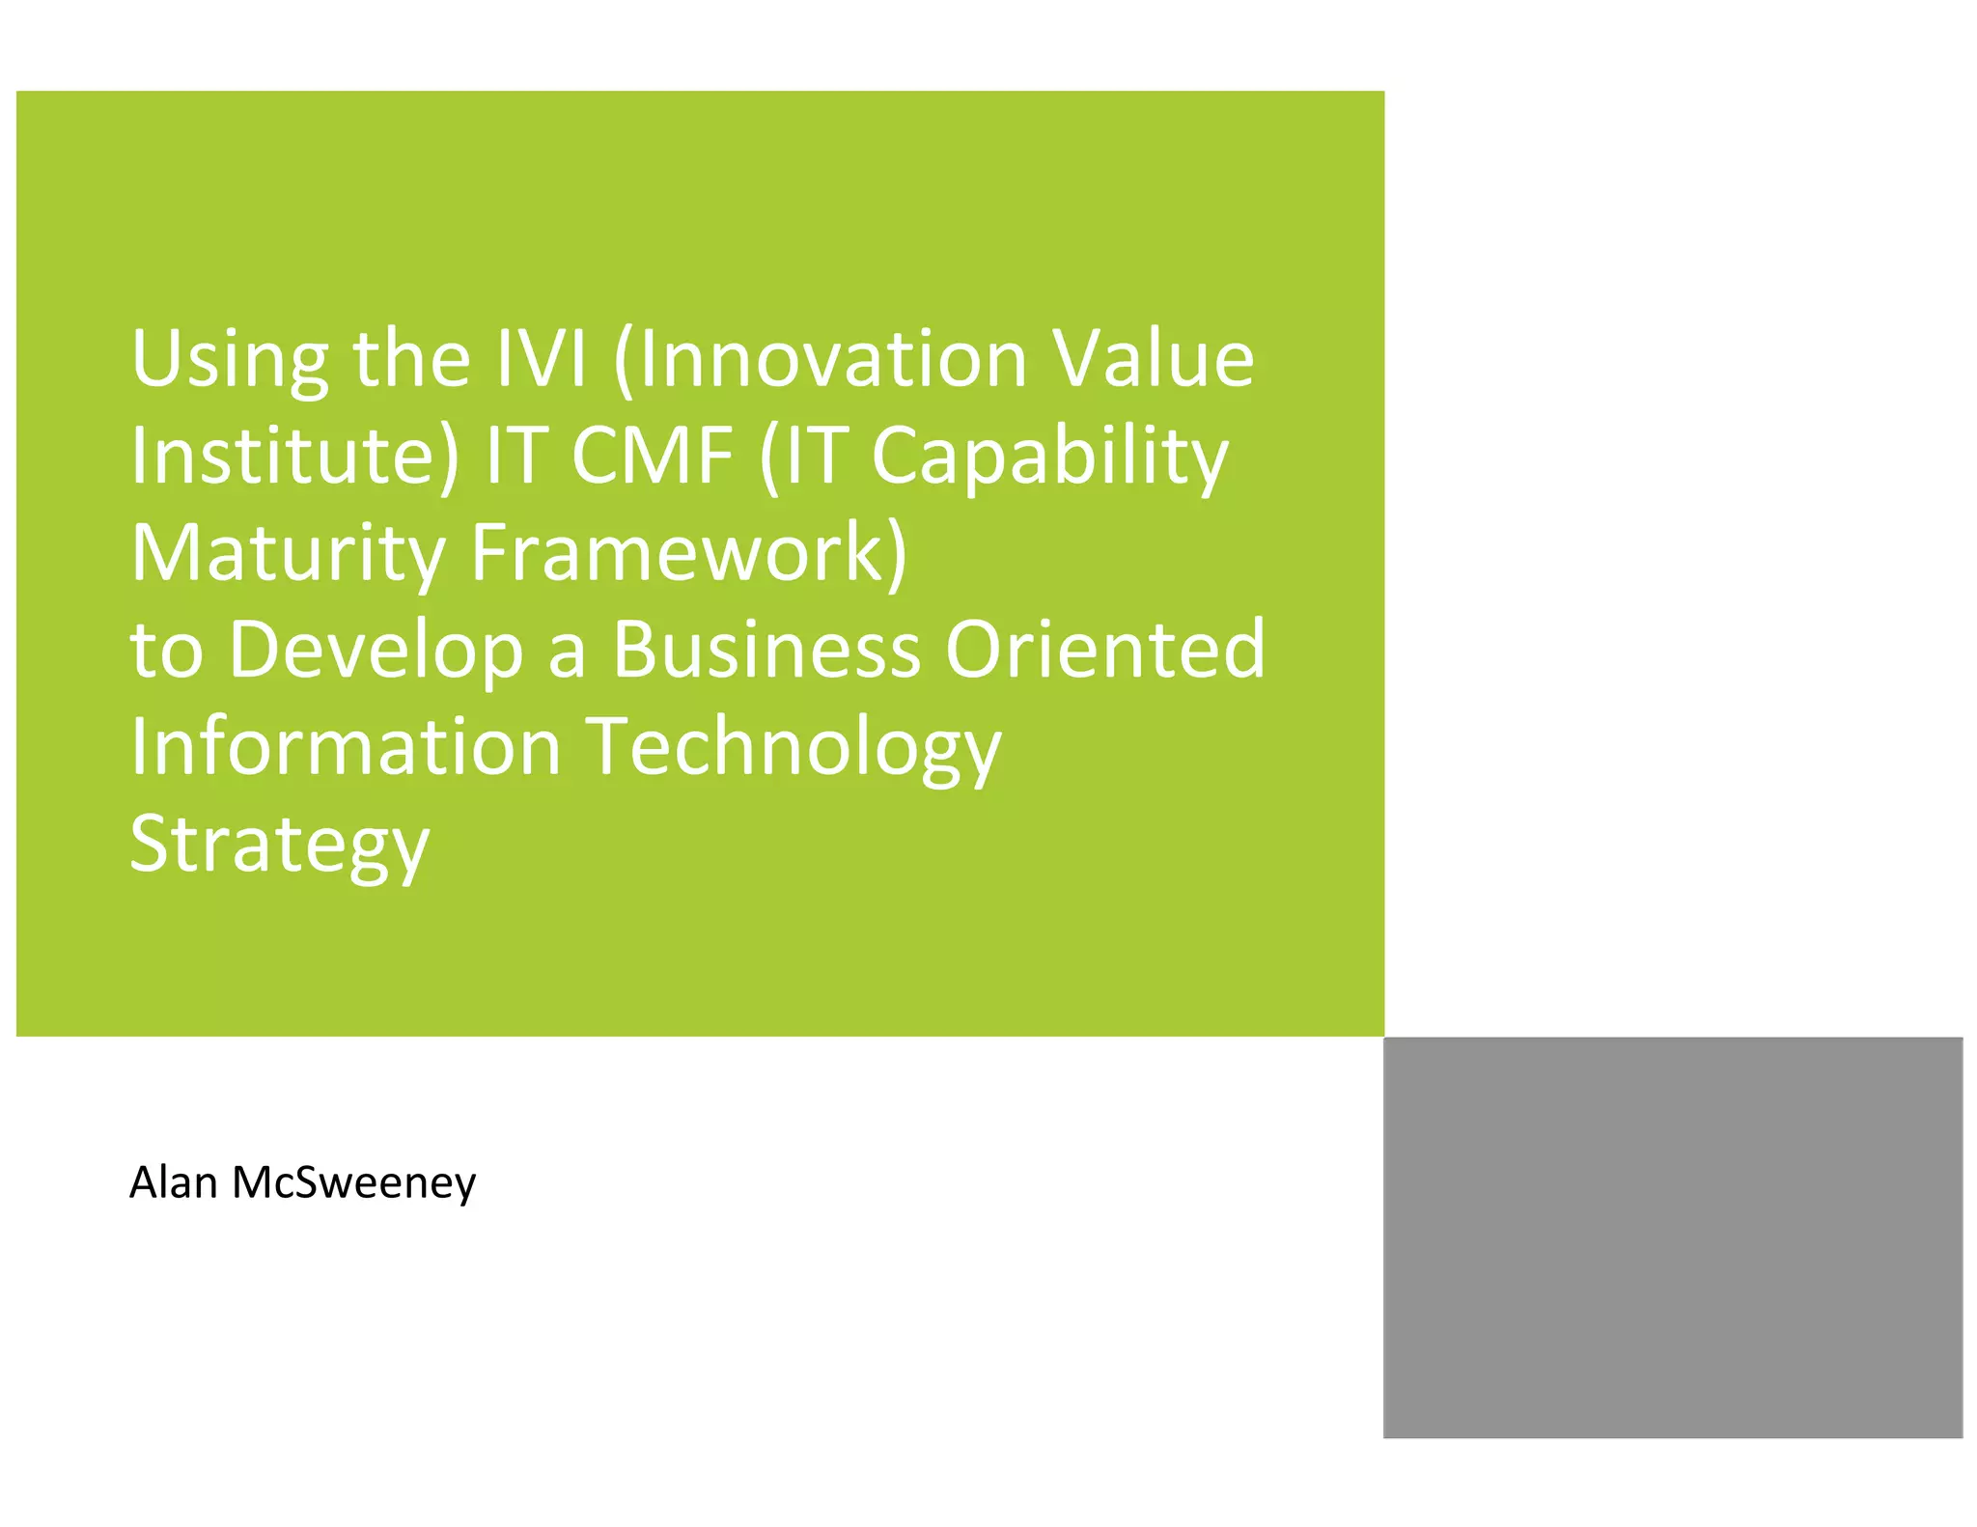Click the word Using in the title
(230, 359)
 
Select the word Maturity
(288, 553)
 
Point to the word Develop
(376, 651)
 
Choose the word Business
(766, 649)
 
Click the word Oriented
(1104, 649)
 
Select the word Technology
(794, 747)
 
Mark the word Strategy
(280, 845)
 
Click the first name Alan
(173, 1182)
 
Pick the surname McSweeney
(353, 1182)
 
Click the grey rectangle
(1672, 1236)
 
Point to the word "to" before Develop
(166, 651)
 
